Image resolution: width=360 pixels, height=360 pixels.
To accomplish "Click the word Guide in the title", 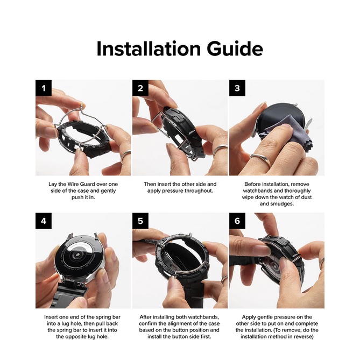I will (233, 49).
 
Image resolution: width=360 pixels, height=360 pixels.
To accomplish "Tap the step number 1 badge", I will (43, 88).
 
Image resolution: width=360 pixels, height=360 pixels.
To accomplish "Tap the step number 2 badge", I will (140, 88).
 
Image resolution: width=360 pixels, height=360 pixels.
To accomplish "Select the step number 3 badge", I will (237, 88).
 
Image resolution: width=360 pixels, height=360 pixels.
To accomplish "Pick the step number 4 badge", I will (43, 221).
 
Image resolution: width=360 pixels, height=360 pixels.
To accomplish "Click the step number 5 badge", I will (140, 221).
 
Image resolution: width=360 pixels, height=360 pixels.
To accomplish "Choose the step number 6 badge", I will (237, 221).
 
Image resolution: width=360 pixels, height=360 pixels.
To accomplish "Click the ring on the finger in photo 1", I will (125, 156).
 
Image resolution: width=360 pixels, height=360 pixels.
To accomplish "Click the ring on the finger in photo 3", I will (257, 158).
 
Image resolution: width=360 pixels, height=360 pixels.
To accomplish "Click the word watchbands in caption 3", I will (264, 191).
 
